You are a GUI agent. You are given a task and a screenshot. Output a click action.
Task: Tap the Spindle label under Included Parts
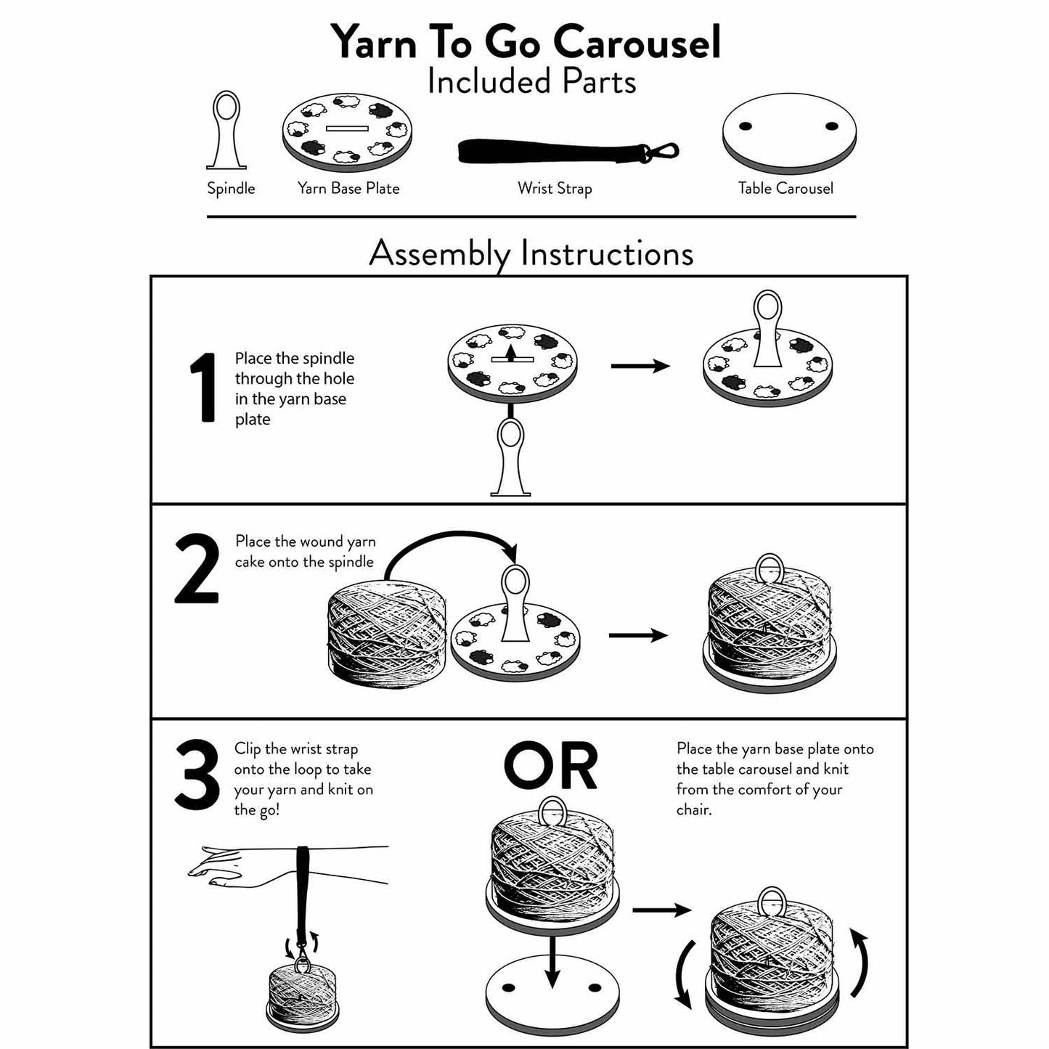231,189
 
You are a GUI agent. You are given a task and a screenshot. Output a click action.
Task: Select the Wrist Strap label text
555,189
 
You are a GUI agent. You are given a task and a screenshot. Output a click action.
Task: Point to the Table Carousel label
785,189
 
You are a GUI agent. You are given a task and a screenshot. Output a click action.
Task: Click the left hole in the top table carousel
745,127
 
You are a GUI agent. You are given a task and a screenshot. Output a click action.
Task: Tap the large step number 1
203,388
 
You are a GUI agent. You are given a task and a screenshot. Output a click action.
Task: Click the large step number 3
197,775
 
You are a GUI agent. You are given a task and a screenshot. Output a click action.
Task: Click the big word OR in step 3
550,767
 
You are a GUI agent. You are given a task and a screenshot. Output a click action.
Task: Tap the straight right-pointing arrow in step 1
640,366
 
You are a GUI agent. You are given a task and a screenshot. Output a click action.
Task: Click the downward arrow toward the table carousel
552,962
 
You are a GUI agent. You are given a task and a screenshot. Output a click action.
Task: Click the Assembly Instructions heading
531,253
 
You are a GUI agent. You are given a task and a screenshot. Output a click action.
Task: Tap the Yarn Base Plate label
348,189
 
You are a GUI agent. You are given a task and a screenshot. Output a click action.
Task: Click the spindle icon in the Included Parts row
226,131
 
